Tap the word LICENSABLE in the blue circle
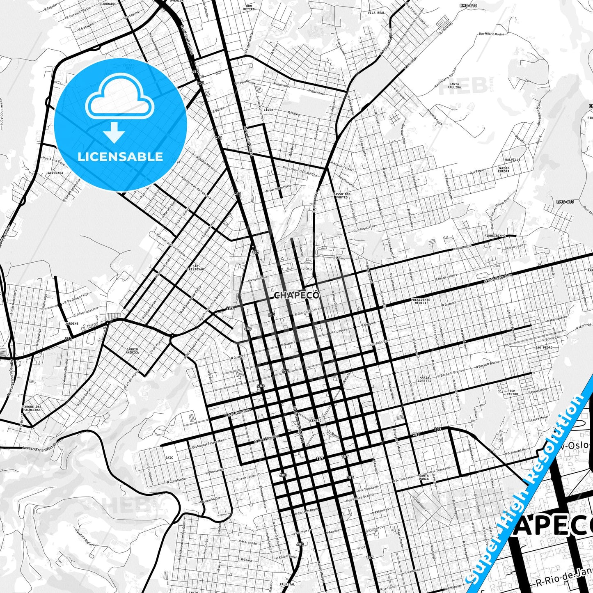pos(120,157)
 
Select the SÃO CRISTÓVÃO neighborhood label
pos(195,268)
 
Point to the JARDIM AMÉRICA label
pos(132,351)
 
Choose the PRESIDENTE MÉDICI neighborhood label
pos(421,301)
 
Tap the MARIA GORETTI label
pos(425,379)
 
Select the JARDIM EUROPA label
pos(504,169)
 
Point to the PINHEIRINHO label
pos(495,236)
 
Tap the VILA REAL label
pos(376,13)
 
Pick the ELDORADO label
pos(107,4)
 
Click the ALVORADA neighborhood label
pos(55,173)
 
